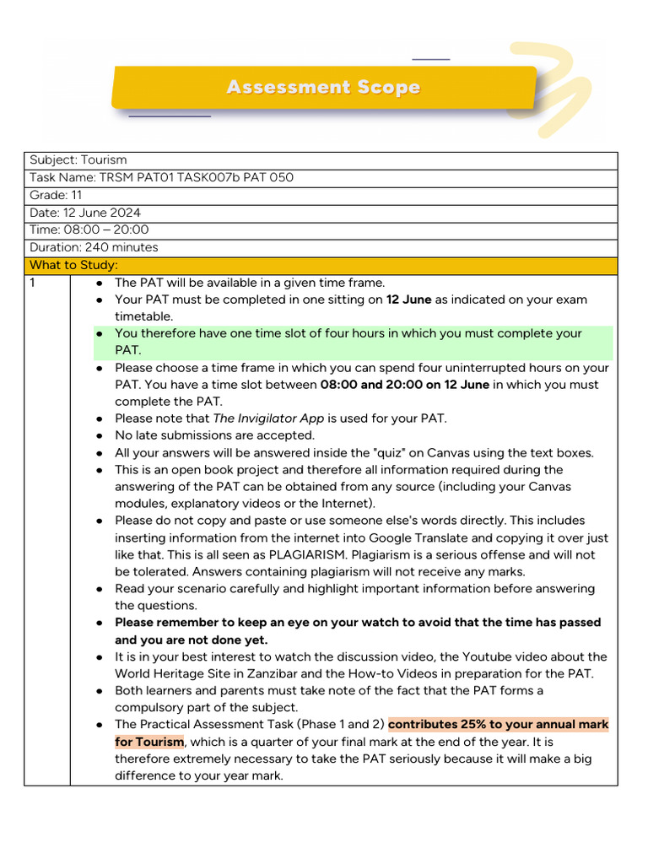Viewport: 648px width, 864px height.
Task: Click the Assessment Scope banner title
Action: pyautogui.click(x=323, y=88)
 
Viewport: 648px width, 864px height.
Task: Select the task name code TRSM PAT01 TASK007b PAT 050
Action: pyautogui.click(x=197, y=177)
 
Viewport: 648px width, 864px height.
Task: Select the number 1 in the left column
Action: pyautogui.click(x=34, y=283)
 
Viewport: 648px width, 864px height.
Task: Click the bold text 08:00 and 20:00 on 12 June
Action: pyautogui.click(x=405, y=385)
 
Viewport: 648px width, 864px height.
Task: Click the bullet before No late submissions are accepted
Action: pyautogui.click(x=100, y=435)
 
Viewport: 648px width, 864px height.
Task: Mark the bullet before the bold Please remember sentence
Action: pyautogui.click(x=100, y=623)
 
